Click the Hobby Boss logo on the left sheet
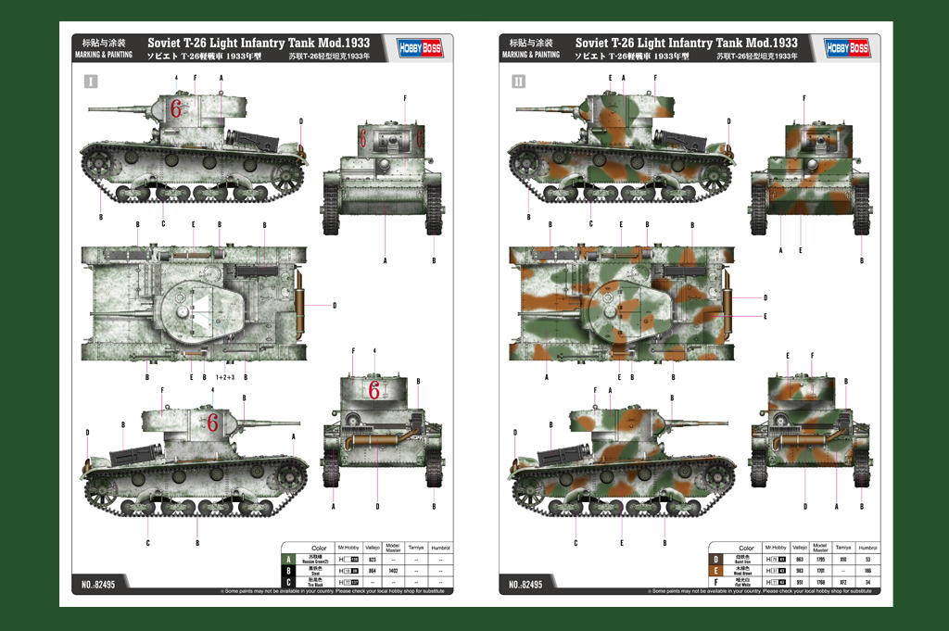[420, 48]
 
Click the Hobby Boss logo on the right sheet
[846, 48]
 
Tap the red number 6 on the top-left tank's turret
[176, 108]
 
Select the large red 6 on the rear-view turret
[373, 390]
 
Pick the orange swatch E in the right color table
[715, 570]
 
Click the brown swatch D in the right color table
[715, 559]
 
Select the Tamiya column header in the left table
[416, 548]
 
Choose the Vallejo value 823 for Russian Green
[373, 559]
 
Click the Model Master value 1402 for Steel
[393, 570]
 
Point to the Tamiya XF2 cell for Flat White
[843, 581]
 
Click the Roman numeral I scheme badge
[90, 82]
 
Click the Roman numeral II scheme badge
[518, 82]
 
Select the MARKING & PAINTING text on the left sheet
[103, 55]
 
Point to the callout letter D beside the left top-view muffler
[334, 305]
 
